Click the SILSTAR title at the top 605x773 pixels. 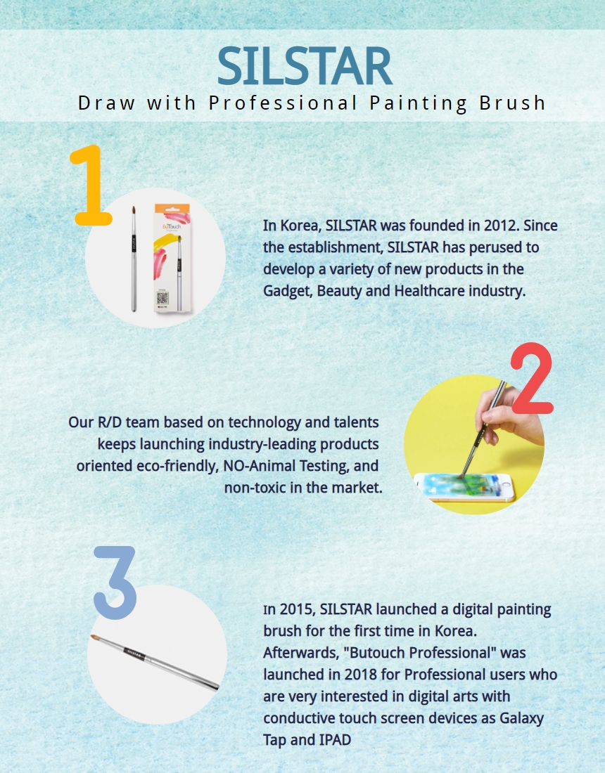click(x=305, y=66)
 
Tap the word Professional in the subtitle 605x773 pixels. click(x=283, y=103)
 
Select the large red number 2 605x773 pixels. click(x=531, y=379)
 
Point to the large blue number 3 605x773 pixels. click(x=115, y=583)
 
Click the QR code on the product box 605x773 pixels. click(x=163, y=298)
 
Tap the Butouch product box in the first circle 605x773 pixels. click(x=172, y=258)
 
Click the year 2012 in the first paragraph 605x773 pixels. click(x=500, y=226)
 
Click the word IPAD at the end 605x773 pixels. click(x=334, y=740)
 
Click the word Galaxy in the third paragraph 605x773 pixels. click(x=521, y=719)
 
